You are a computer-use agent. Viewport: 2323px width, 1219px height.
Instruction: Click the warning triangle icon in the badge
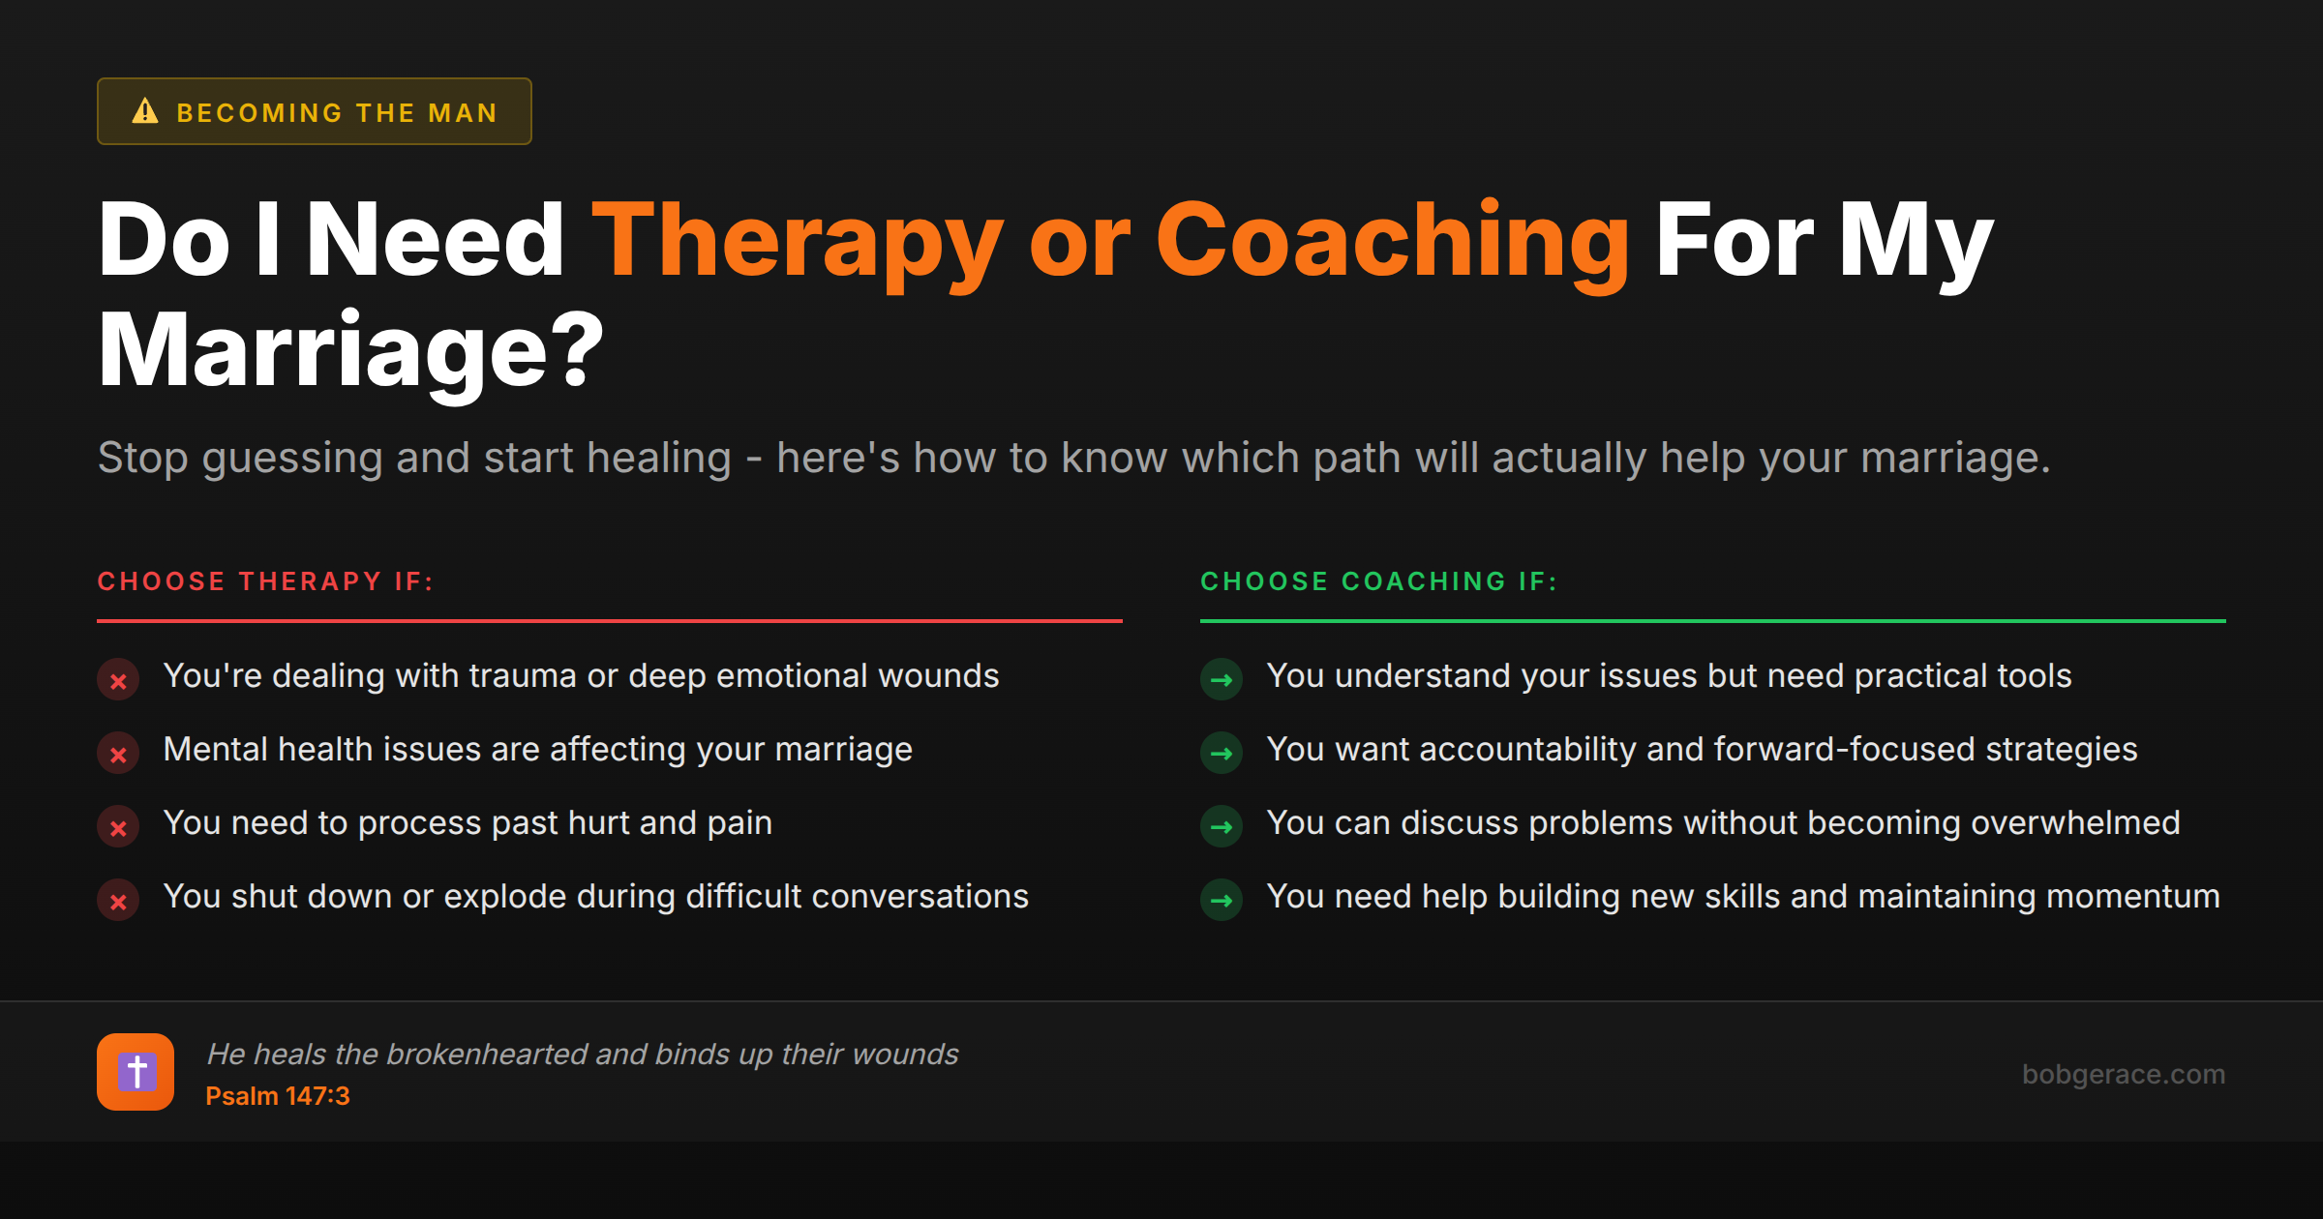(x=145, y=111)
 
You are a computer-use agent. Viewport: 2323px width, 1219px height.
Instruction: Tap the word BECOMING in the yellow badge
(x=259, y=113)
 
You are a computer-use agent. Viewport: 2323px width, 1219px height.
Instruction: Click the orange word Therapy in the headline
(x=798, y=242)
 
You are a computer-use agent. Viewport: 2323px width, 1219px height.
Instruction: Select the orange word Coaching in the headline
(x=1392, y=242)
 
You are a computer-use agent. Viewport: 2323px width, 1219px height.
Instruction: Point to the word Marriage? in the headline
(x=350, y=351)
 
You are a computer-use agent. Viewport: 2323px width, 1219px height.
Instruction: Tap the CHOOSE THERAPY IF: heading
(x=265, y=581)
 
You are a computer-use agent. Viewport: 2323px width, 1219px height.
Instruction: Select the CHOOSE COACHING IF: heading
(x=1378, y=581)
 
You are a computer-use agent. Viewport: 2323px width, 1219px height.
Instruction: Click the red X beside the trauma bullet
(x=118, y=680)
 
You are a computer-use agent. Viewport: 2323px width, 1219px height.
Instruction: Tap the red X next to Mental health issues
(x=118, y=754)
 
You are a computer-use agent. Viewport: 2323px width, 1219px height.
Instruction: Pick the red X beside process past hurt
(x=118, y=827)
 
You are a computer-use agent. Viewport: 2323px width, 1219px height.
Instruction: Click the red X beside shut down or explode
(x=118, y=901)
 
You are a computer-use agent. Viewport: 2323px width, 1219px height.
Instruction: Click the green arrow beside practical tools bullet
(x=1222, y=680)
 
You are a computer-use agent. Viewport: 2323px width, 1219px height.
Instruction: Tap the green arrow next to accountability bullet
(x=1222, y=754)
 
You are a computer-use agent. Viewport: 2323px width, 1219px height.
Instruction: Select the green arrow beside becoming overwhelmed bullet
(x=1222, y=827)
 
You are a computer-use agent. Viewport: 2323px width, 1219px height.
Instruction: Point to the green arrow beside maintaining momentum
(x=1222, y=901)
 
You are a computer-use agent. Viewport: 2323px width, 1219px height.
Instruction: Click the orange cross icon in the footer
(x=136, y=1072)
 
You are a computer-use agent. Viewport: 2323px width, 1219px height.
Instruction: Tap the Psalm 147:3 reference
(x=277, y=1096)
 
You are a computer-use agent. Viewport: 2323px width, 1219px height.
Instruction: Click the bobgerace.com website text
(x=2123, y=1074)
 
